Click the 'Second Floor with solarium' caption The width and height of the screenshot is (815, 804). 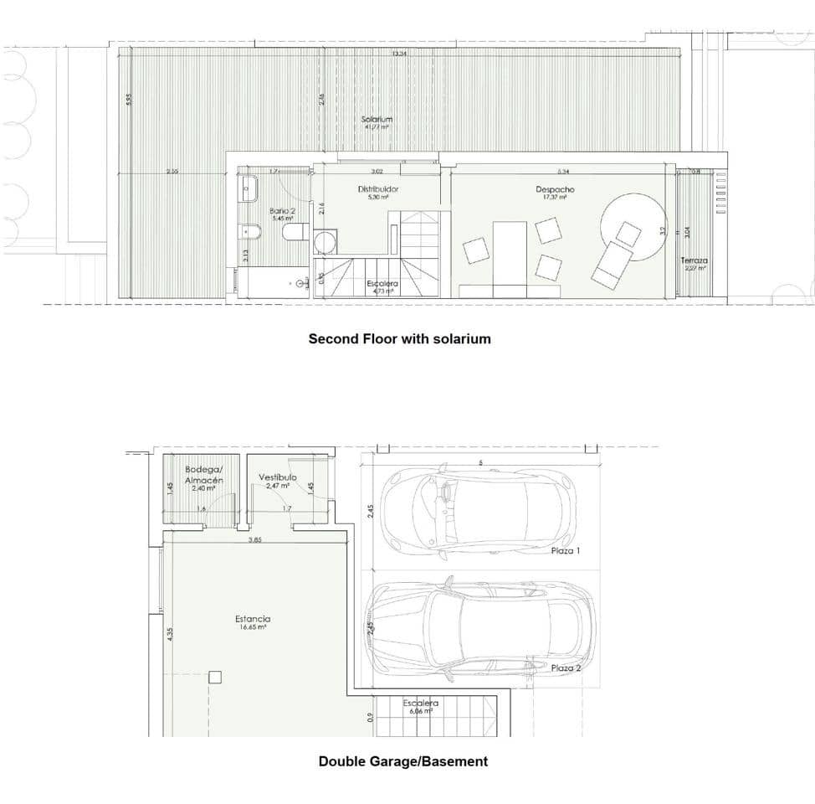click(x=399, y=339)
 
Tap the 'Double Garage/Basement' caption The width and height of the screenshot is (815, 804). click(x=402, y=761)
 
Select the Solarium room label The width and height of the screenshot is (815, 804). click(x=377, y=120)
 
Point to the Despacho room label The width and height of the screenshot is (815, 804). click(x=555, y=190)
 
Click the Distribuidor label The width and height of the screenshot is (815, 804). click(x=378, y=189)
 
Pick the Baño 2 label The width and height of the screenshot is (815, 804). click(x=281, y=211)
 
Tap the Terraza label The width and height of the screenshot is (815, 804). click(x=694, y=261)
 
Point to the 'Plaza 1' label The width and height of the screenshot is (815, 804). click(x=566, y=551)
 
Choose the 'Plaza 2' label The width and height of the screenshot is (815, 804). click(x=566, y=668)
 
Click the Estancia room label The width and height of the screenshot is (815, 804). click(x=252, y=620)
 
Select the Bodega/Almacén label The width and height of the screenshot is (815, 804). click(x=204, y=475)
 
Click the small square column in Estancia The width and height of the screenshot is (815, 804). click(x=215, y=677)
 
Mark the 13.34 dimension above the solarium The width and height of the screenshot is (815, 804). click(x=399, y=54)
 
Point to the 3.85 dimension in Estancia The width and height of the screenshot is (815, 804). click(x=254, y=540)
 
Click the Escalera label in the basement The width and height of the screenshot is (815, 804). click(x=420, y=703)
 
